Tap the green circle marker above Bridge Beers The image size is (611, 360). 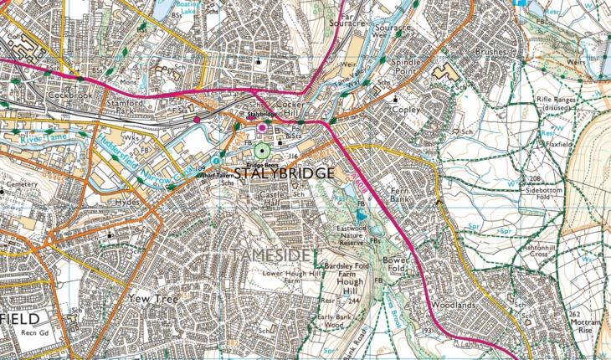pyautogui.click(x=263, y=151)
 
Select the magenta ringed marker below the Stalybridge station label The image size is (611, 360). pyautogui.click(x=263, y=127)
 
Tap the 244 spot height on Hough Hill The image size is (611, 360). pyautogui.click(x=354, y=300)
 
